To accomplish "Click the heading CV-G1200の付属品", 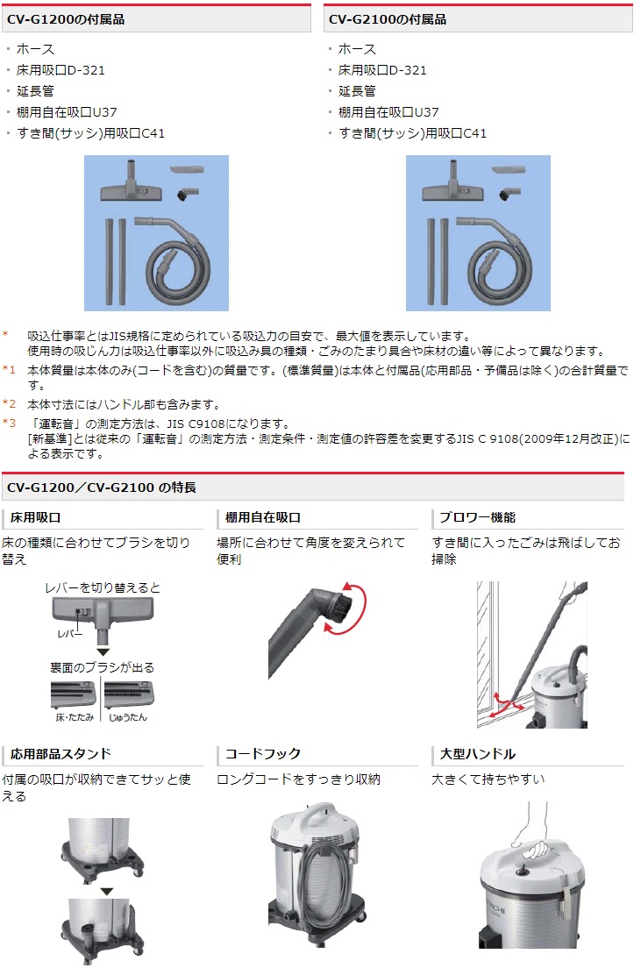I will (66, 18).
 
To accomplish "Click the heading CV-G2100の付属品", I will (388, 18).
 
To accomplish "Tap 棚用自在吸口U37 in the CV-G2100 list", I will (388, 112).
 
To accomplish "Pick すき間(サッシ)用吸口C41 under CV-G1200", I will (91, 133).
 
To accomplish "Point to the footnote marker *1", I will (10, 371).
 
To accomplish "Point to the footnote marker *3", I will (10, 423).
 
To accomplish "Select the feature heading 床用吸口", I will (36, 517).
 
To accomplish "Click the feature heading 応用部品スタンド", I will (61, 754).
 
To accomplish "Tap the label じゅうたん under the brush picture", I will (128, 717).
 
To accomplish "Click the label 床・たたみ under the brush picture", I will (74, 717).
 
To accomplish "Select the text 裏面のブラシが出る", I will (103, 667).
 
